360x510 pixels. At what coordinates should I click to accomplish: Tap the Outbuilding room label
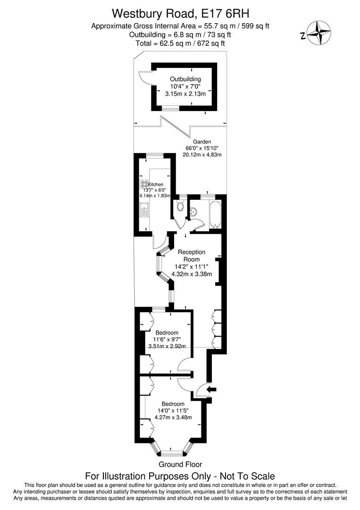(185, 79)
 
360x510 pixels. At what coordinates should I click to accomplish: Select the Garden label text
(202, 142)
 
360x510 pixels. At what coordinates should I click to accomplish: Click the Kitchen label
(156, 184)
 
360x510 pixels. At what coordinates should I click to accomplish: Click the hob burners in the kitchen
(144, 184)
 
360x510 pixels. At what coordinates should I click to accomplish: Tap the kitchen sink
(144, 209)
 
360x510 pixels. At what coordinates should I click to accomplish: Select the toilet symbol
(179, 206)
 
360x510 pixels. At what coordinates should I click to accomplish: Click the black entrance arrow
(212, 389)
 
